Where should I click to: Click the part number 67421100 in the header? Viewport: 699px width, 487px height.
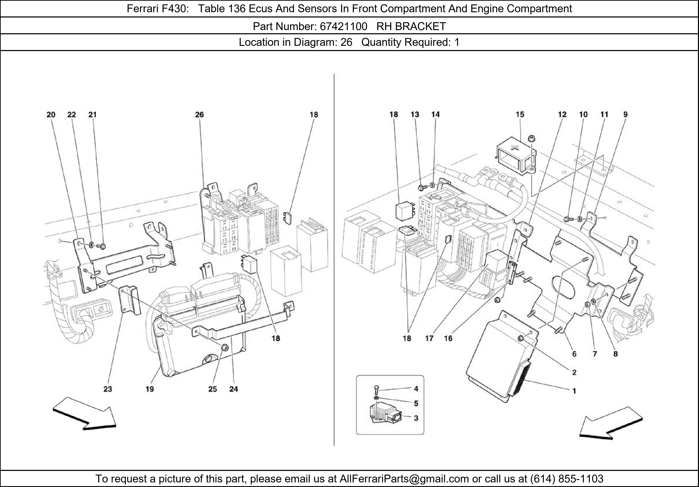click(x=343, y=27)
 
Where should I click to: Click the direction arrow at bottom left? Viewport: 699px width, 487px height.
click(x=84, y=414)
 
